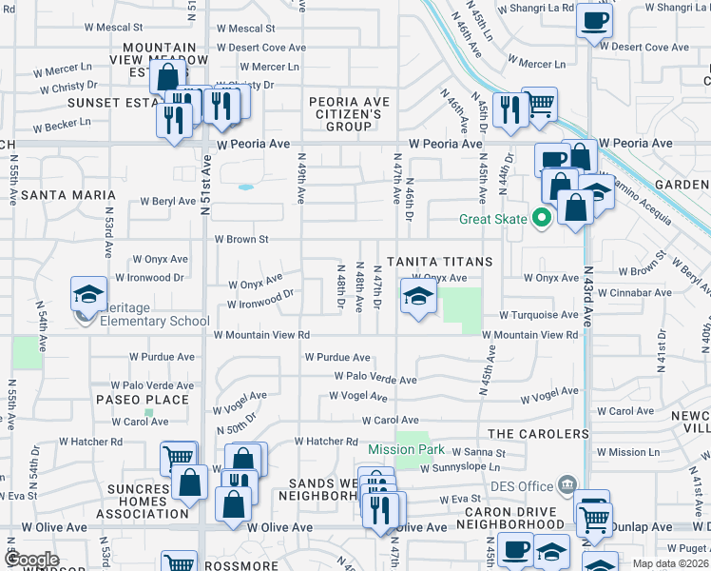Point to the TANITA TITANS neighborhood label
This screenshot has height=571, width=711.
pyautogui.click(x=438, y=262)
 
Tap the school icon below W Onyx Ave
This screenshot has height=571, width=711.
pyautogui.click(x=416, y=297)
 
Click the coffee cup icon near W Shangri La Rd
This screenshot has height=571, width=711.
pyautogui.click(x=594, y=20)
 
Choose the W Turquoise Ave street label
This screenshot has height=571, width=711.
pyautogui.click(x=539, y=315)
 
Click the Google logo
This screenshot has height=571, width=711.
pyautogui.click(x=30, y=560)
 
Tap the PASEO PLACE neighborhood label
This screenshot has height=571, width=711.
pyautogui.click(x=131, y=400)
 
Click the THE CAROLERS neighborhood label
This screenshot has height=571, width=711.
pyautogui.click(x=539, y=434)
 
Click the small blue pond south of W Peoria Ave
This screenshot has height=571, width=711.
pyautogui.click(x=246, y=187)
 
